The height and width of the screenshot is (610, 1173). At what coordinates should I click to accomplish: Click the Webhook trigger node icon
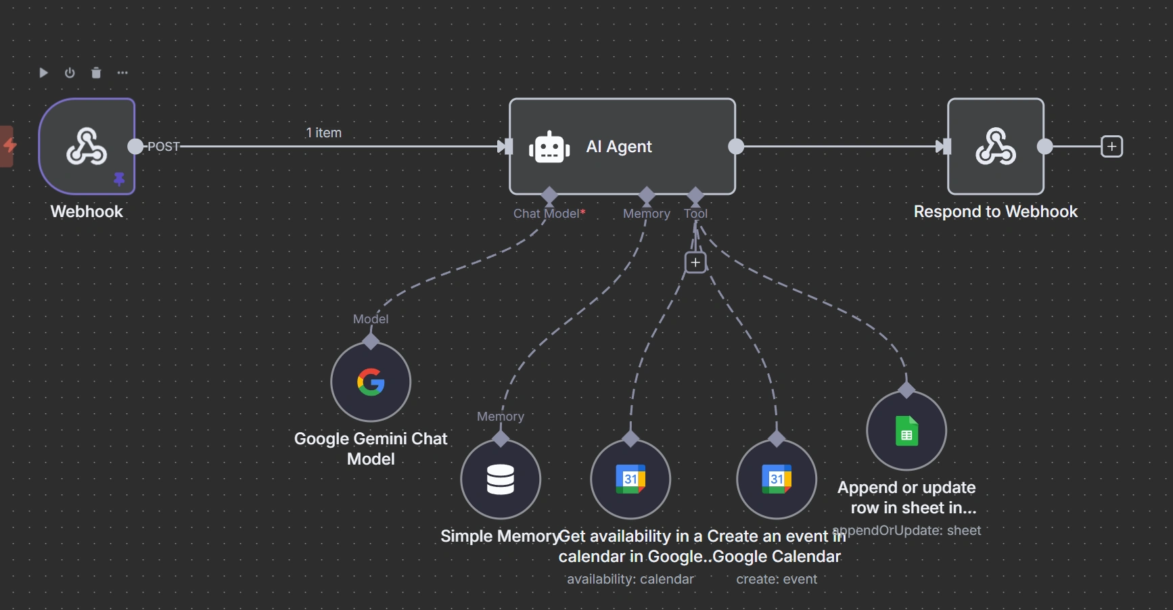point(87,146)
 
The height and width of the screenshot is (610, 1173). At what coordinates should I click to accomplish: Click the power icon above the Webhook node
point(70,73)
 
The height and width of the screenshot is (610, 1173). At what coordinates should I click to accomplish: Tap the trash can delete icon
point(96,73)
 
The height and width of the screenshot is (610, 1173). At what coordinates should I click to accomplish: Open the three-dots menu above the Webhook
point(122,73)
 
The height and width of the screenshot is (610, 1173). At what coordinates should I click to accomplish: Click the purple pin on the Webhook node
point(119,179)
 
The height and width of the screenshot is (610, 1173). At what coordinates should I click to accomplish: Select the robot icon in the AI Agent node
point(549,147)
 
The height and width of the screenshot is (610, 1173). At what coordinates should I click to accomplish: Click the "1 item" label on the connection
point(323,133)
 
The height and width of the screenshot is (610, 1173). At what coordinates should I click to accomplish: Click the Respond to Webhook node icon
point(995,147)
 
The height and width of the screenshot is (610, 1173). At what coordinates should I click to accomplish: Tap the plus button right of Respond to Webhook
point(1111,147)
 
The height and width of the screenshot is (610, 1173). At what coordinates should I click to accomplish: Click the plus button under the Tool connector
point(695,262)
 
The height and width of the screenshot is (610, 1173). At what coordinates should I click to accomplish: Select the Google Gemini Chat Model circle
point(371,382)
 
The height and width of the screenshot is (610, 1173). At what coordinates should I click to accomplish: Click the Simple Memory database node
point(501,479)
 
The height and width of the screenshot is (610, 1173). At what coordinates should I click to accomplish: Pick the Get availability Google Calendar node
point(630,479)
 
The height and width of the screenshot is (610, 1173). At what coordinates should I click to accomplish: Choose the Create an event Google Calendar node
point(777,479)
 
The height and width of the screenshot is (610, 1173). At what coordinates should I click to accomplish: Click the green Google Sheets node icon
point(906,431)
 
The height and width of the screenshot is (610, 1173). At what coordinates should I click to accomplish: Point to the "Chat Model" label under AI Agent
point(546,214)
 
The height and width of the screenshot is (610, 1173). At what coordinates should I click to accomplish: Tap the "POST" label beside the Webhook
point(164,147)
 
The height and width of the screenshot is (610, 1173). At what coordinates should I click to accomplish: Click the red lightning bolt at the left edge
point(9,145)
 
